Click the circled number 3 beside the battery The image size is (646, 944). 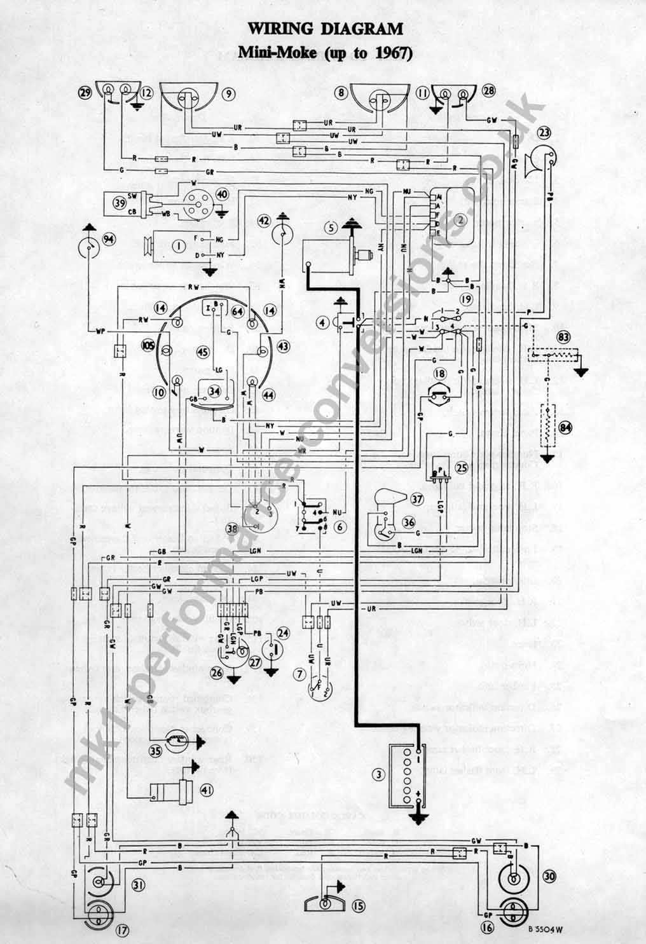tap(380, 774)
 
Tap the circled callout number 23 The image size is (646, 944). tap(544, 133)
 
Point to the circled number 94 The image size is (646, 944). tap(110, 239)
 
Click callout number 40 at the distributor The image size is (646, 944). tap(223, 194)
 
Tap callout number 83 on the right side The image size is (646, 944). tap(563, 337)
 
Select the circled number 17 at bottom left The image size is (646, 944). tap(122, 932)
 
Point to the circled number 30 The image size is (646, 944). tap(549, 876)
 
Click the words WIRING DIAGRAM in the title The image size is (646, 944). tap(325, 29)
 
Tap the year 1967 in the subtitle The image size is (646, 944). tap(392, 53)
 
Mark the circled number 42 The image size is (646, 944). tap(264, 221)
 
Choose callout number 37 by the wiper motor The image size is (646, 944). tap(417, 499)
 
